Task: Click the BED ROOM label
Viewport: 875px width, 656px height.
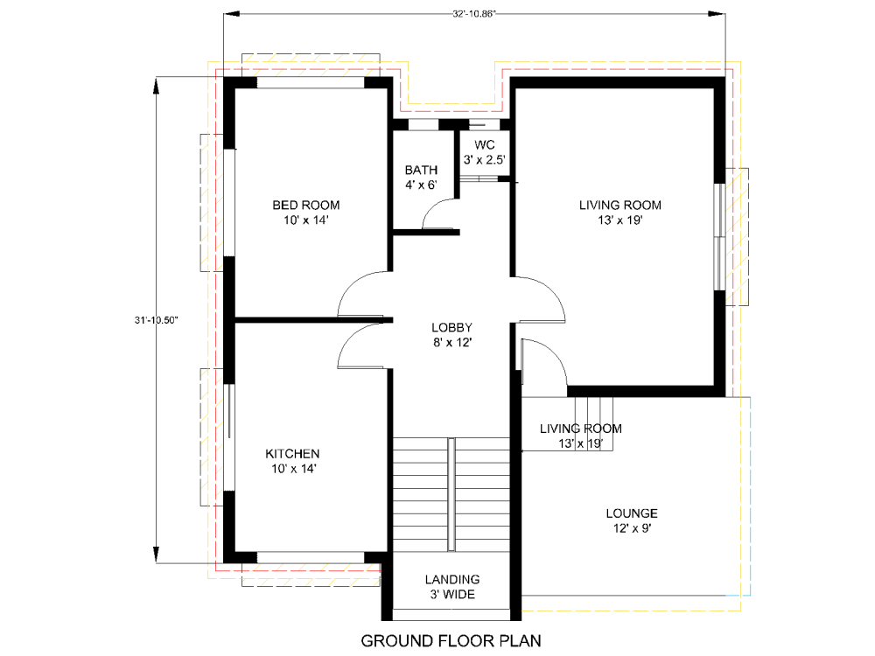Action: coord(299,206)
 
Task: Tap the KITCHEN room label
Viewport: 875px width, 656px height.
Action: coord(292,454)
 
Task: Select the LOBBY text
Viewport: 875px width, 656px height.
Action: coord(451,327)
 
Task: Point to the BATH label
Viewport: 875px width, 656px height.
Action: coord(420,170)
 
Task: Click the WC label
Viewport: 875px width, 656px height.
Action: coord(484,144)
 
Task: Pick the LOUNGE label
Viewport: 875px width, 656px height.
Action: coord(631,513)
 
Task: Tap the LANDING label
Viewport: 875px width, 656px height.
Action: coord(451,579)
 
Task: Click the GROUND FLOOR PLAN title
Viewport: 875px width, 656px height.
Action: coord(451,640)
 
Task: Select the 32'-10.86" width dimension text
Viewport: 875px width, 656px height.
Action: coord(476,14)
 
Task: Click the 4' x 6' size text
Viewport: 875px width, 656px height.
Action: coord(420,185)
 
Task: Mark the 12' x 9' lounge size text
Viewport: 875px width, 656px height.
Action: coord(631,528)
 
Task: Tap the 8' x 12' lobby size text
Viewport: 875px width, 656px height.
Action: coord(451,343)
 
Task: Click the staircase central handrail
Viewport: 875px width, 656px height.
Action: coord(451,494)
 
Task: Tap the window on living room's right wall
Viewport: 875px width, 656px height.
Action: coord(719,236)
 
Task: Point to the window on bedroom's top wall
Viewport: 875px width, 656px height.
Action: coord(310,82)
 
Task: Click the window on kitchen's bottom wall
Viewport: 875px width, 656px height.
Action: coord(310,557)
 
